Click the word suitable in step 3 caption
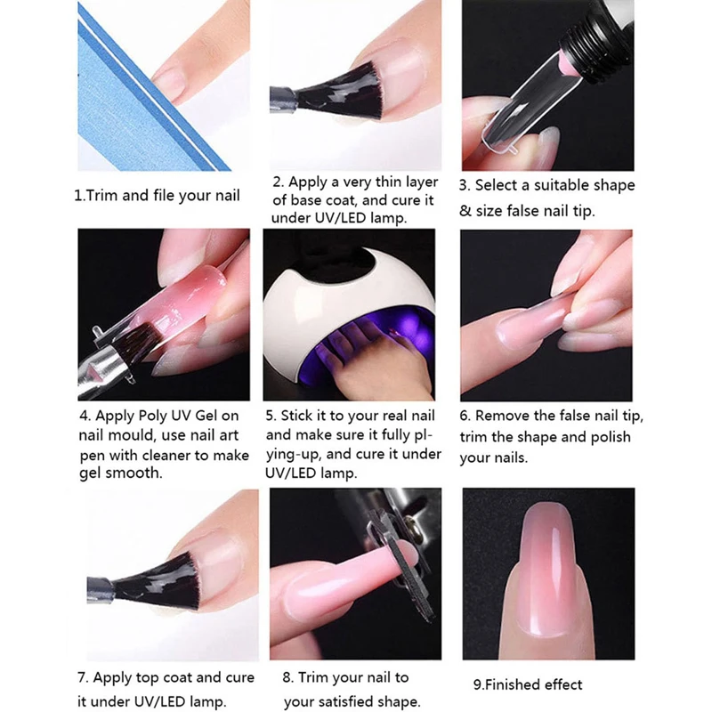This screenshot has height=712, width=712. (561, 186)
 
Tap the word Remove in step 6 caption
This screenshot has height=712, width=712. (504, 417)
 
